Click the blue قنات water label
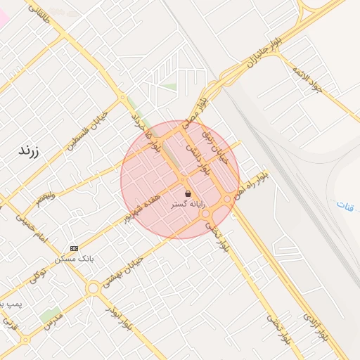[x=345, y=206]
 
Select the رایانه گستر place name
[x=188, y=203]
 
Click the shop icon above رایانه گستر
[x=188, y=193]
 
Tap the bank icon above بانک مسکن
[x=75, y=248]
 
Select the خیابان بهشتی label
[x=124, y=271]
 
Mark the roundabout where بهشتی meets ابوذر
[x=93, y=288]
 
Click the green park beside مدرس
[x=50, y=314]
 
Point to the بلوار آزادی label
[x=315, y=326]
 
